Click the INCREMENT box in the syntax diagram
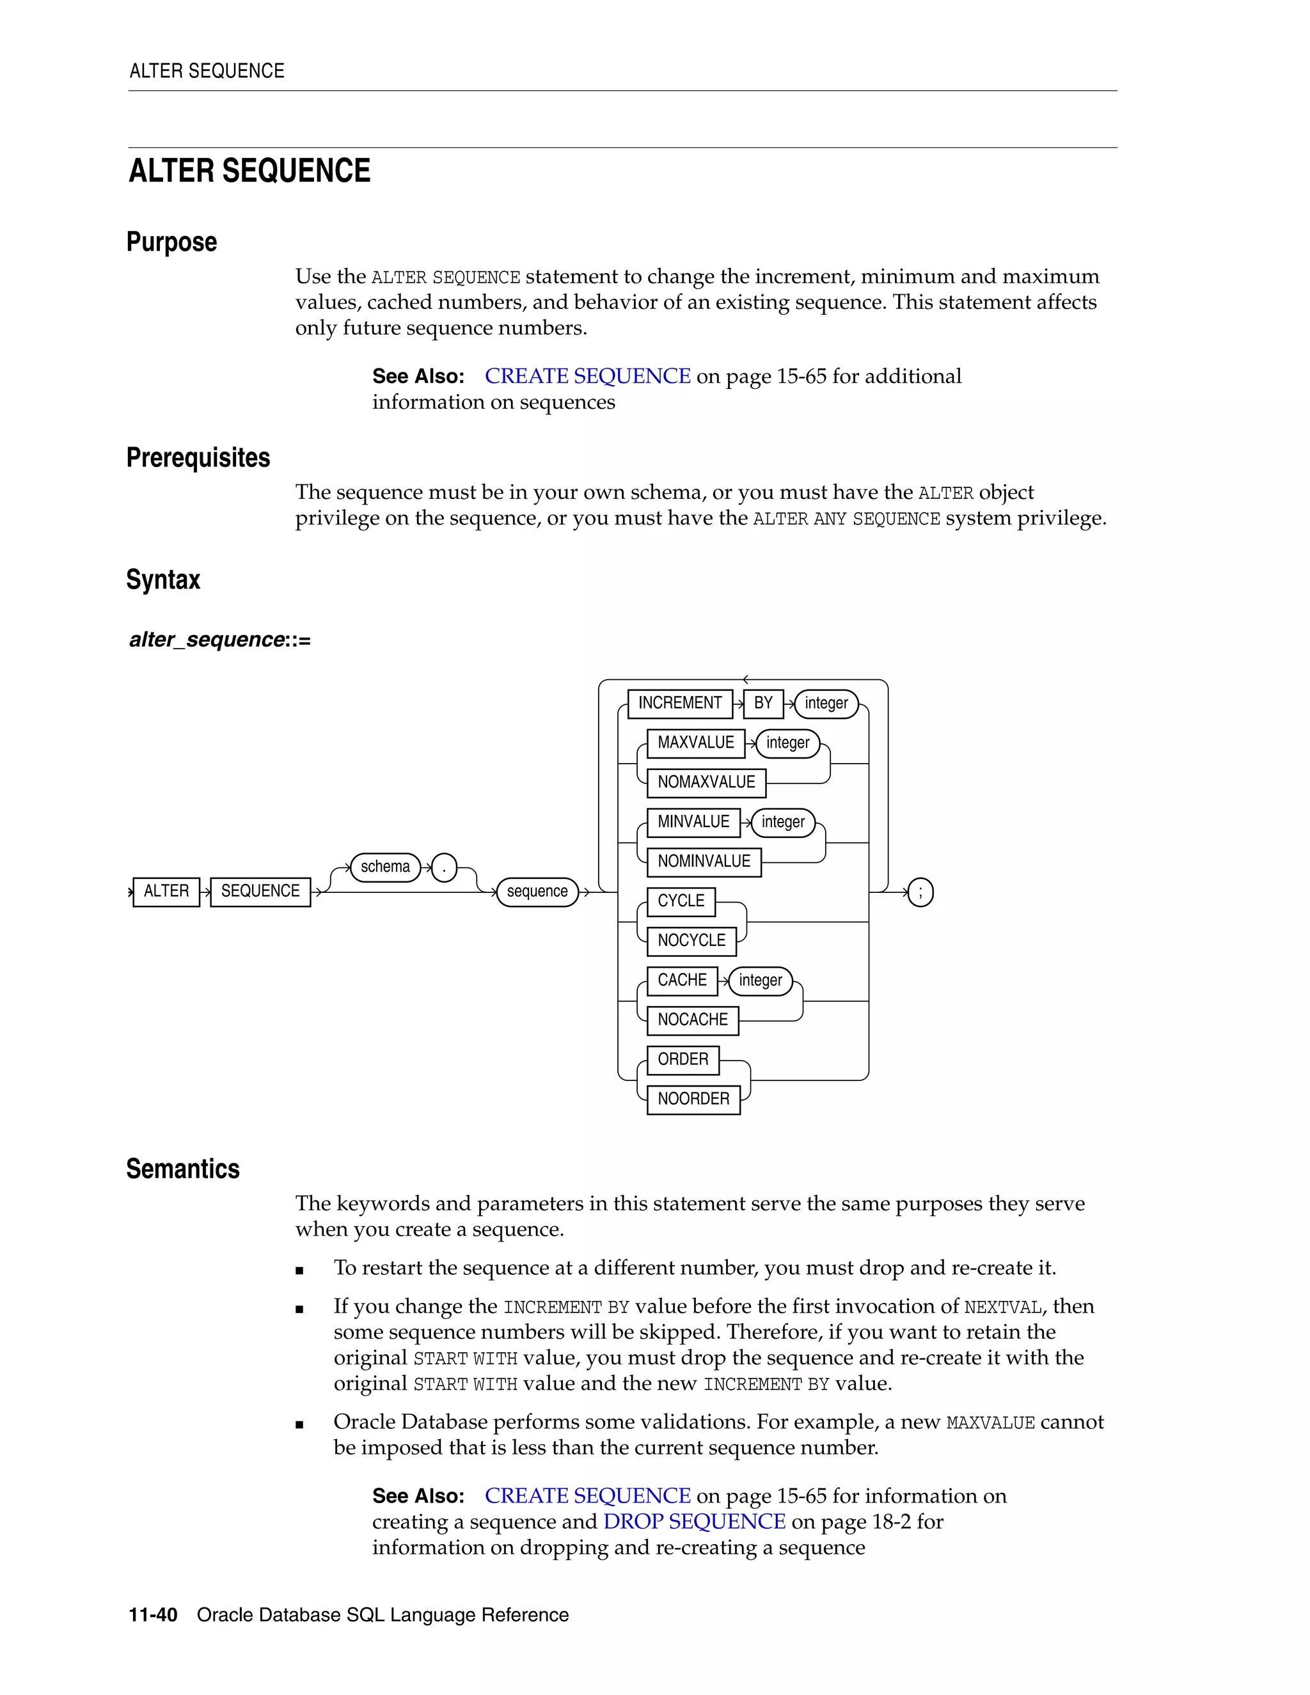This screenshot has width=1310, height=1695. (x=679, y=703)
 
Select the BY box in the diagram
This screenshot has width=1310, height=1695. (x=763, y=703)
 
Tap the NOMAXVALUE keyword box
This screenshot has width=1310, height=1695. (x=706, y=782)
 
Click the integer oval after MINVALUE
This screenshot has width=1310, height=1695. (x=782, y=822)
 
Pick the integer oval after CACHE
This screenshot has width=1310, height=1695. (x=760, y=980)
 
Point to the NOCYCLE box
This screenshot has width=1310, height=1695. (x=691, y=941)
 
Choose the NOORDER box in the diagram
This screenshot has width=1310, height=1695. (x=693, y=1099)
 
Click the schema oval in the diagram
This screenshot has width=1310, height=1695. (x=385, y=867)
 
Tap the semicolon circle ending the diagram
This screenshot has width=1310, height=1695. (x=920, y=892)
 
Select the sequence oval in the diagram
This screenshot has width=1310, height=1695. (x=537, y=892)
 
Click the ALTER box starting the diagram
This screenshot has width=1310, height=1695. (x=166, y=892)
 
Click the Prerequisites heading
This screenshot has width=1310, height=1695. (x=198, y=458)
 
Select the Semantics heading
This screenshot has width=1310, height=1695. (x=183, y=1169)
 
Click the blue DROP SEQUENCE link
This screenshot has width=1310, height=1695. (x=694, y=1522)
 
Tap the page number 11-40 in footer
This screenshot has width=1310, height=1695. (x=153, y=1615)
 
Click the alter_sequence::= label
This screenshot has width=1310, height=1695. (x=219, y=640)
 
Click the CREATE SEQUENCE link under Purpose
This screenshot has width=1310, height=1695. (x=587, y=376)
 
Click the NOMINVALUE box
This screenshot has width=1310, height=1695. (x=703, y=862)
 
